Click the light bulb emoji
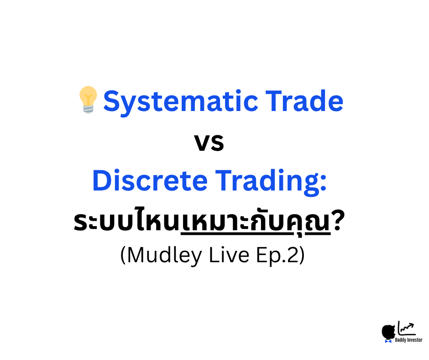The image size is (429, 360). [88, 99]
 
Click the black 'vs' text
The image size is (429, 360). [209, 142]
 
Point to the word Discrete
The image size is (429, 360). [149, 181]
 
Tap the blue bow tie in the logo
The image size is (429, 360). [388, 340]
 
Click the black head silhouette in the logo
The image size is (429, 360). [389, 332]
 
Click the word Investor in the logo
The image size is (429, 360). [414, 340]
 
